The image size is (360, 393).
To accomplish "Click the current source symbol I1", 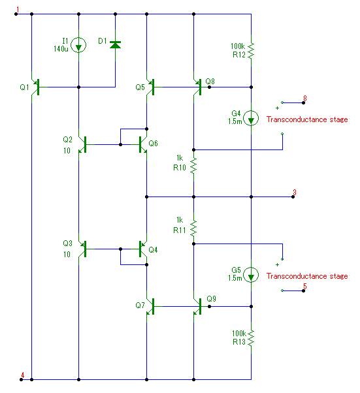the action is click(78, 45).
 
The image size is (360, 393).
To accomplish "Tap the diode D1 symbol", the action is click(116, 45).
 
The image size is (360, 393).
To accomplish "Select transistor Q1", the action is click(35, 87).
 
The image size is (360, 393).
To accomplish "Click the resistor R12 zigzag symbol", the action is click(251, 50).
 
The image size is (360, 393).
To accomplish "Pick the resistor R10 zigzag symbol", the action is click(193, 165).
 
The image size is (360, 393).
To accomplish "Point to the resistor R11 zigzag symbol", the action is click(193, 228).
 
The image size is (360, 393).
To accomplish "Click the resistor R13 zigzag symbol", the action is click(251, 338).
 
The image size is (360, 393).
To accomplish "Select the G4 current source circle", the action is click(251, 119).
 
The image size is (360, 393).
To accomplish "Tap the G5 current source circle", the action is click(251, 275).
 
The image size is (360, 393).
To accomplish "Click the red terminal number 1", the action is click(18, 10).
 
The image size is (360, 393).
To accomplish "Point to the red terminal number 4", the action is click(23, 375).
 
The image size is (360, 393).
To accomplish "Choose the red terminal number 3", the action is click(295, 193).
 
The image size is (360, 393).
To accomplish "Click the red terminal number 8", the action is click(305, 98).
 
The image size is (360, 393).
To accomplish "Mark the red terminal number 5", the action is click(305, 286).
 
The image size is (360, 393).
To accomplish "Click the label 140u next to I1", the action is click(61, 49).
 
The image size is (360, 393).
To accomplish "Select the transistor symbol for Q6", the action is click(142, 145).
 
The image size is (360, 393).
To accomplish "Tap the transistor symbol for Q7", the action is click(150, 306).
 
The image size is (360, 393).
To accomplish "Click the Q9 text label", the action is click(211, 299).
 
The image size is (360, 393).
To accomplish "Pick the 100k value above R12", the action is click(238, 46).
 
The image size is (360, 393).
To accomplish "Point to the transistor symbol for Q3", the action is click(82, 249).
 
